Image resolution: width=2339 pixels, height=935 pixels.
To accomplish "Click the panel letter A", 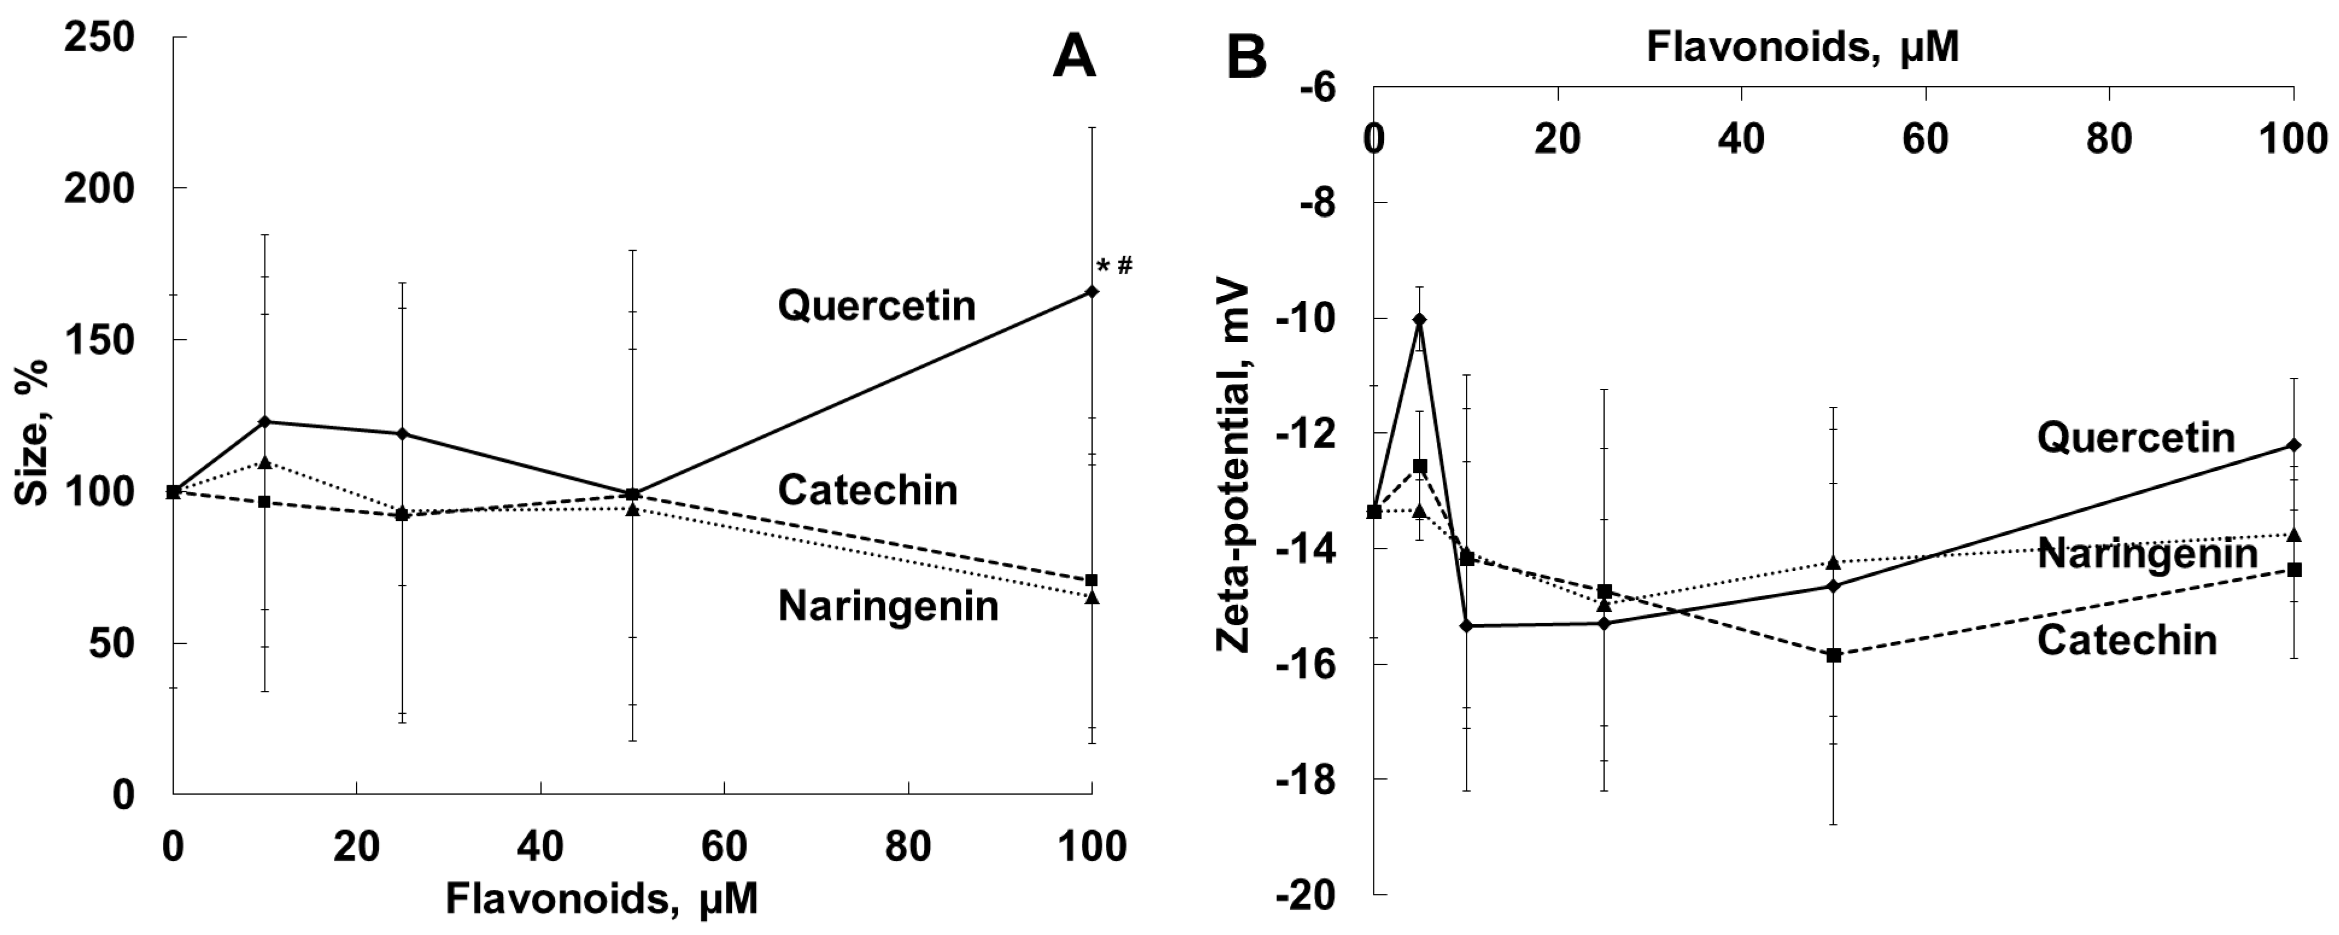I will pos(1074,59).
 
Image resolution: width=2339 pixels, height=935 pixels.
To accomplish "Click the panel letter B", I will pos(1246,59).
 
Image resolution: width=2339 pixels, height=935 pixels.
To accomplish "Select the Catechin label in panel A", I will pos(867,490).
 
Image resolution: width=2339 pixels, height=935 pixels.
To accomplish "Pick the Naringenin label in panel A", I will pos(888,605).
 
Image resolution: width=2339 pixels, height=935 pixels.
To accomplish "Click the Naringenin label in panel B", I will pos(2147,554).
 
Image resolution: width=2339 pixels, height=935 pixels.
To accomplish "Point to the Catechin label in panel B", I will pos(2127,640).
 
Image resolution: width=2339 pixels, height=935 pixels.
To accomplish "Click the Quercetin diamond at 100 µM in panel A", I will pos(1093,291).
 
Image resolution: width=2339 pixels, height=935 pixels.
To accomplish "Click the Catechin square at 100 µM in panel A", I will pos(1093,580).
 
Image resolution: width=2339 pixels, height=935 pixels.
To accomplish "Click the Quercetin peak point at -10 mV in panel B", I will pos(1419,320).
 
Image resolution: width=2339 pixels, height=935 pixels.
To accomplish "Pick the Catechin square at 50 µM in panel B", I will pos(1833,655).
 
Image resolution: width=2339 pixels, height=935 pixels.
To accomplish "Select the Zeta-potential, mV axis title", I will pos(1233,468).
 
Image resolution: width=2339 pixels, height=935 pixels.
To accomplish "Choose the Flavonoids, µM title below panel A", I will pos(601,899).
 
